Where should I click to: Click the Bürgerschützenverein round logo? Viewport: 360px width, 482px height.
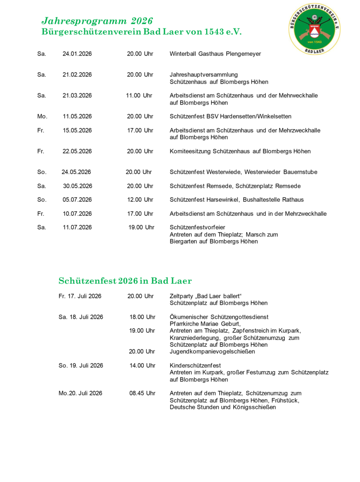[x=315, y=28]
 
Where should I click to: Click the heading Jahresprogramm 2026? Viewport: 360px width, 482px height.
[x=97, y=21]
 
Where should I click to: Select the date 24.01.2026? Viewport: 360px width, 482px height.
[x=77, y=53]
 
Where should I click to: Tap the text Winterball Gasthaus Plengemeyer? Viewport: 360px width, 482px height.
[x=215, y=53]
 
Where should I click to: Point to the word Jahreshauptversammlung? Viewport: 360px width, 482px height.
[x=204, y=75]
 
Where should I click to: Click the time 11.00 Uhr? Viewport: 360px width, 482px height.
[x=139, y=95]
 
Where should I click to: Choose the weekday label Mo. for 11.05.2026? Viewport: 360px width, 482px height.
[x=42, y=116]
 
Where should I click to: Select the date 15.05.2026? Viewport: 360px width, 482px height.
[x=77, y=130]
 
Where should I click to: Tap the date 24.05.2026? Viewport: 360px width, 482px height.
[x=76, y=172]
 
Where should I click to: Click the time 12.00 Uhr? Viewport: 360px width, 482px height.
[x=139, y=199]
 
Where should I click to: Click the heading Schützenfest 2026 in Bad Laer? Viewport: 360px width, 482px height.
[x=125, y=281]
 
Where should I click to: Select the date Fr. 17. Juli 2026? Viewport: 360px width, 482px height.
[x=80, y=296]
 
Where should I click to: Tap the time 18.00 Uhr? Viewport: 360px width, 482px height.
[x=142, y=317]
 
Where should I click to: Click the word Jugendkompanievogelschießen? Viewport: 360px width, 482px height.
[x=213, y=352]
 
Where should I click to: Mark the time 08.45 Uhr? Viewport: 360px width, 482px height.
[x=142, y=393]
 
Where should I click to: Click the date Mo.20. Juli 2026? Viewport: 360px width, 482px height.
[x=80, y=393]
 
